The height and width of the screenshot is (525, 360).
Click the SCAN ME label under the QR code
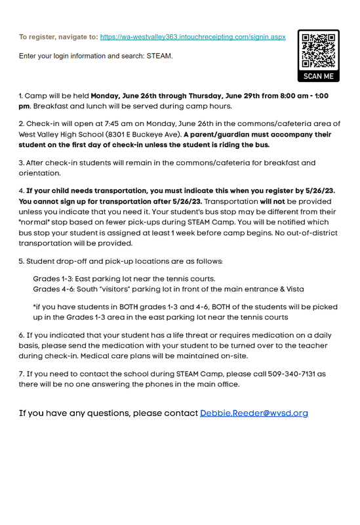pos(318,76)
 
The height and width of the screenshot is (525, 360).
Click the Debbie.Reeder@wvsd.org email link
pos(254,413)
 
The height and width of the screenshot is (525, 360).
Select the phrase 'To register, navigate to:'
pos(58,37)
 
